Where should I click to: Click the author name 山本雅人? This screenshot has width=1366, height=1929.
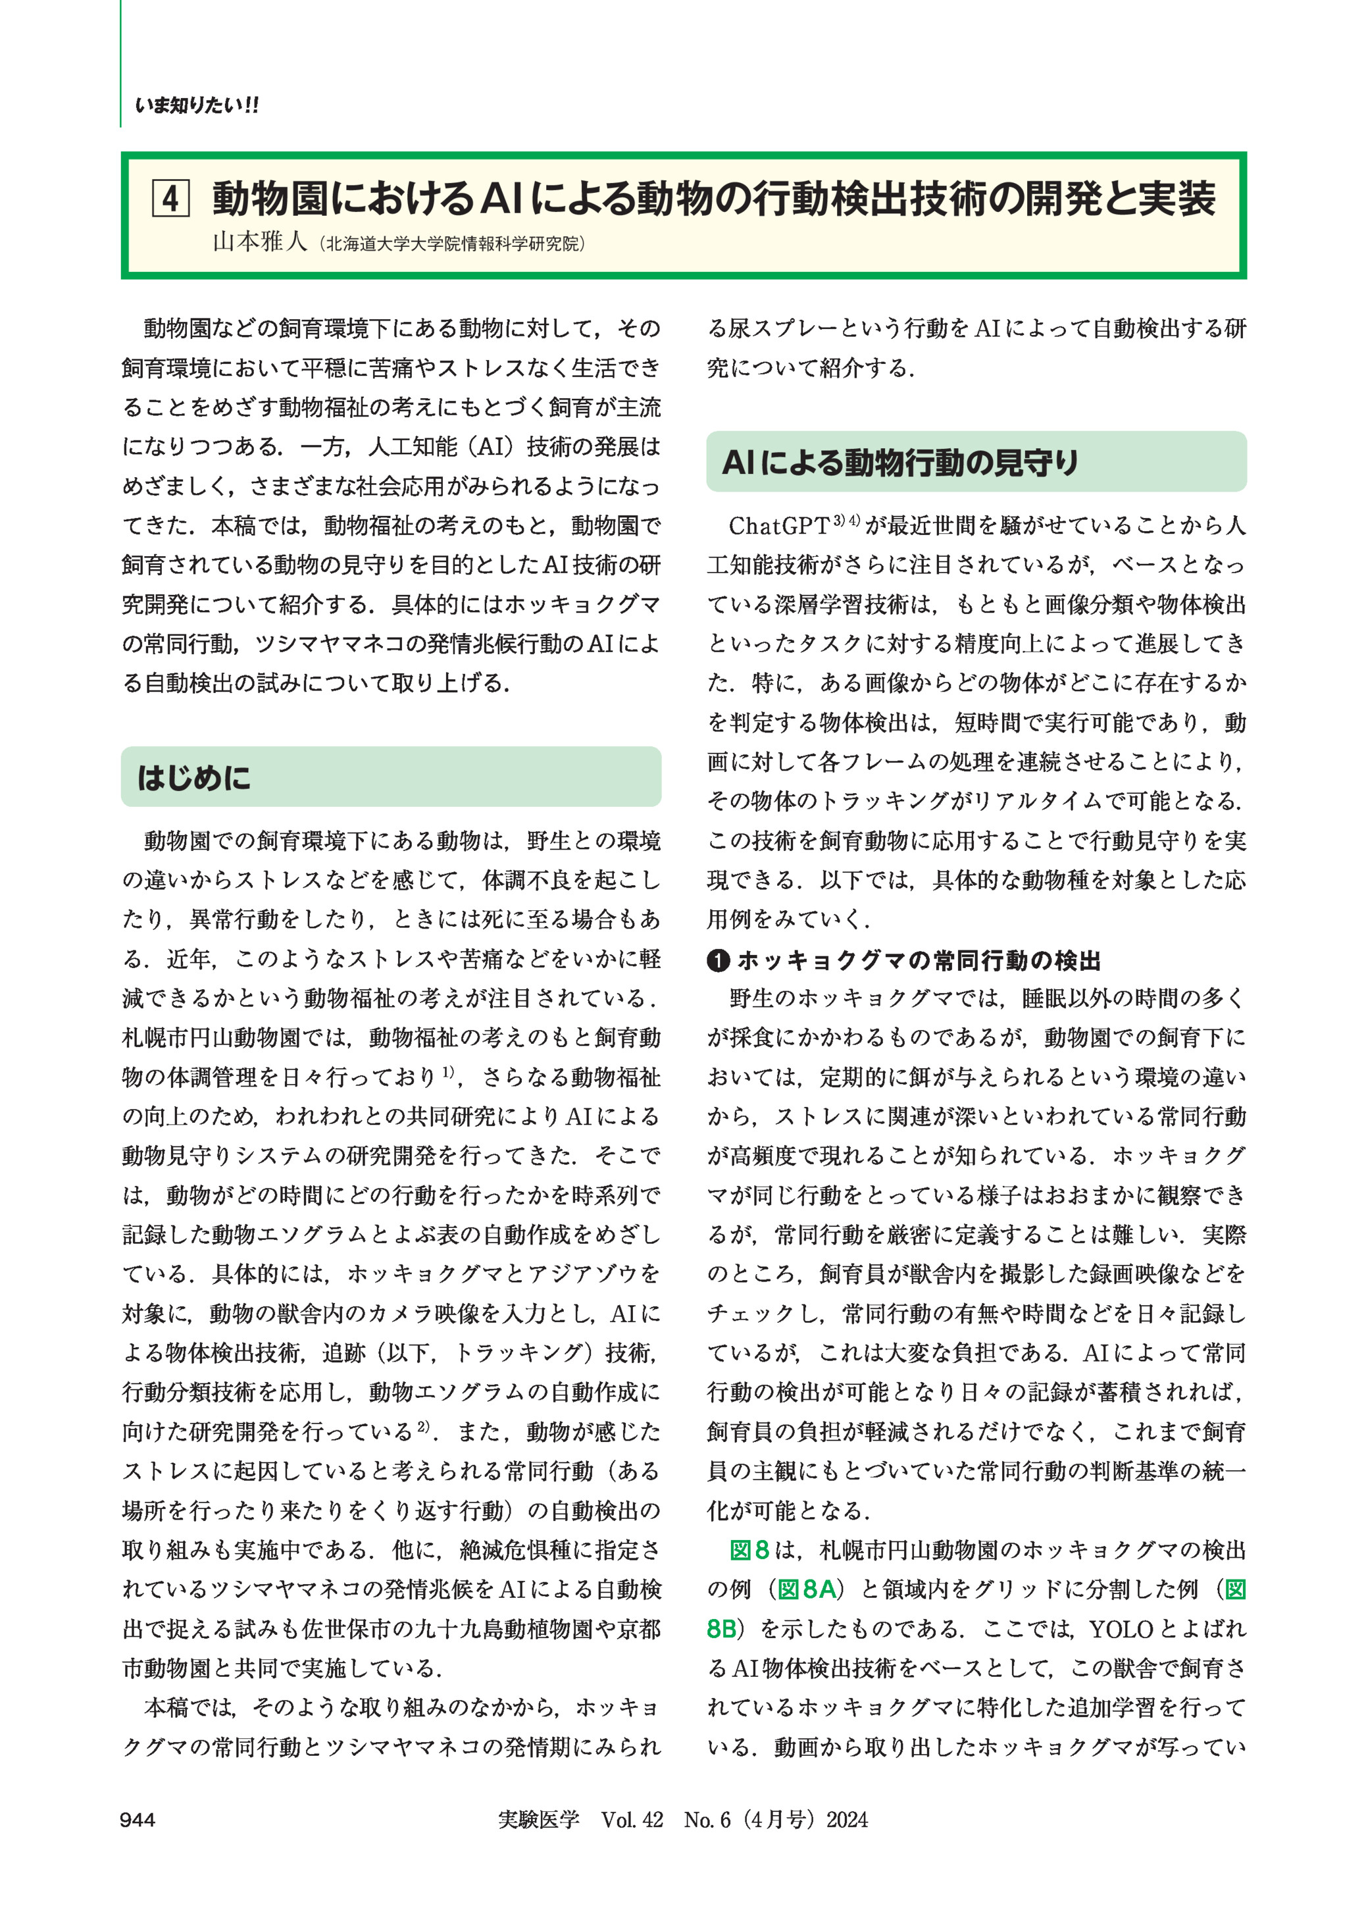click(x=260, y=242)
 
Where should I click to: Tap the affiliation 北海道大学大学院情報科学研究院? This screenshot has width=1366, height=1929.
click(x=453, y=244)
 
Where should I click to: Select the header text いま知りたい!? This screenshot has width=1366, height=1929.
click(x=197, y=105)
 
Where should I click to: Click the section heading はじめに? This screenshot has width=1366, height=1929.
click(x=193, y=777)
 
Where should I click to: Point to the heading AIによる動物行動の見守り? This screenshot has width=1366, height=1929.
click(x=900, y=462)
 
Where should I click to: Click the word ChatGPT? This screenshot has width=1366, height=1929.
click(x=779, y=526)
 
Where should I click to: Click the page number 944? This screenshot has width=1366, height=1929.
click(x=137, y=1820)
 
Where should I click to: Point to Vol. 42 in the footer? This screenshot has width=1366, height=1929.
click(x=632, y=1820)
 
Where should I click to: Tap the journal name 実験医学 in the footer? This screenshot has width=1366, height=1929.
click(x=538, y=1820)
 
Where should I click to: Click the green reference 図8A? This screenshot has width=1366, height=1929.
click(x=807, y=1589)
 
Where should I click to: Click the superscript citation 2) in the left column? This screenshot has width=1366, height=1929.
click(x=423, y=1427)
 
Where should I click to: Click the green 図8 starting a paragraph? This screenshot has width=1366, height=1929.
click(x=749, y=1550)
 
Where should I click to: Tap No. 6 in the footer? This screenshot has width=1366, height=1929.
click(x=707, y=1820)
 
